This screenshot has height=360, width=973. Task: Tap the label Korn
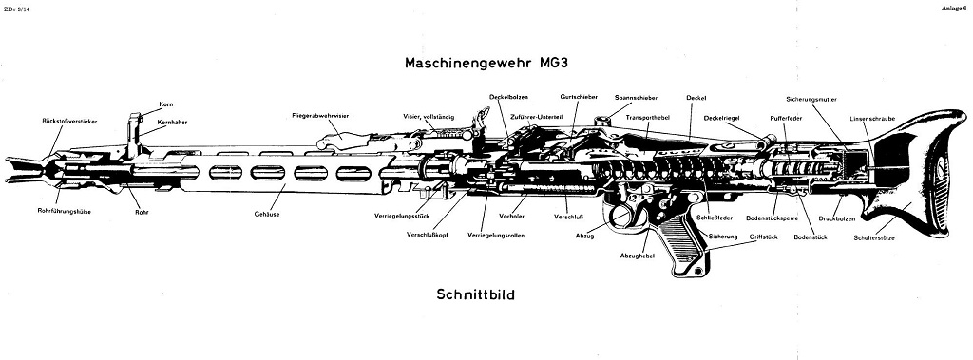click(x=166, y=104)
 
